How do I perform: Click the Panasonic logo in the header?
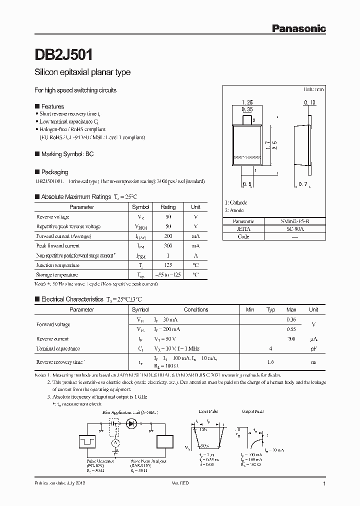(x=298, y=29)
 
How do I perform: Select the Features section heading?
(x=52, y=106)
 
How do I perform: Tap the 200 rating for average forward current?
(x=168, y=236)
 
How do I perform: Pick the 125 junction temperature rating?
(x=168, y=265)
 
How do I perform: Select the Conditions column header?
(x=196, y=309)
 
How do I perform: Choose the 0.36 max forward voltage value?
(x=291, y=319)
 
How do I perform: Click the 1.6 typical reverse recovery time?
(x=270, y=361)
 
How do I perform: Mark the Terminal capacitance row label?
(x=58, y=348)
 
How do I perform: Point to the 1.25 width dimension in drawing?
(x=247, y=102)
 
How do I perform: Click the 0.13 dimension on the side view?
(x=309, y=102)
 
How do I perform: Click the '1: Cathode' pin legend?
(x=236, y=202)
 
